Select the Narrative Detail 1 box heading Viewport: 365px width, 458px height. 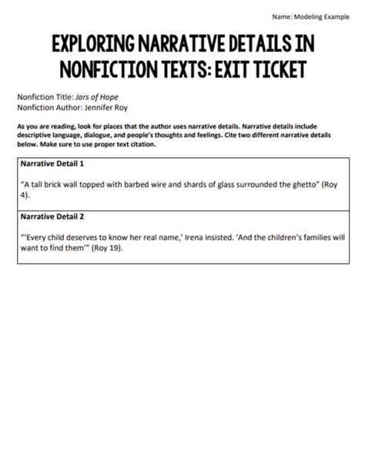53,163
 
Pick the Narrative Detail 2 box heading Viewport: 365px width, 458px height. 53,217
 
